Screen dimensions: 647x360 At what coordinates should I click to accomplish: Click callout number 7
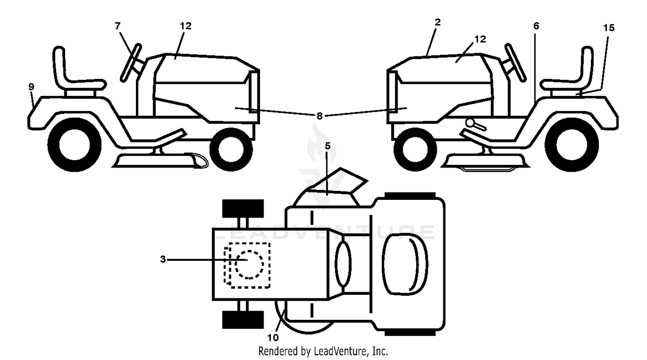[x=117, y=26]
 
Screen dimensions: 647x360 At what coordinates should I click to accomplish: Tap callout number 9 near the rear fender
[x=31, y=86]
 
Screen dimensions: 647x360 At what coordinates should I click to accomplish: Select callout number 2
[x=438, y=22]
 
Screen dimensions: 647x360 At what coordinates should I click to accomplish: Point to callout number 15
[x=609, y=28]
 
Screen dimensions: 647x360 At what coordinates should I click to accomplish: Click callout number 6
[x=536, y=26]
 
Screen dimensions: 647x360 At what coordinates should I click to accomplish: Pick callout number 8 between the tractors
[x=319, y=116]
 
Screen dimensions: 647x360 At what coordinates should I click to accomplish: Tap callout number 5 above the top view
[x=327, y=146]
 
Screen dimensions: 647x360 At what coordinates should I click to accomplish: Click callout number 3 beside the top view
[x=163, y=259]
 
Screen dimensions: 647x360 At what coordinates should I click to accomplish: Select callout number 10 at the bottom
[x=273, y=338]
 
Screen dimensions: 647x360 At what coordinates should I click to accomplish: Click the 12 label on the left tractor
[x=185, y=26]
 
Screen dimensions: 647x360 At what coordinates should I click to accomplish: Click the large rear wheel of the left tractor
[x=74, y=145]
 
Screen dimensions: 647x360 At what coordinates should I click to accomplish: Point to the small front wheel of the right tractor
[x=415, y=149]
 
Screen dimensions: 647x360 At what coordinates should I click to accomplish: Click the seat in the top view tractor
[x=405, y=264]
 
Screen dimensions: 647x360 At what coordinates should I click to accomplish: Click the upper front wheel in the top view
[x=243, y=208]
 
